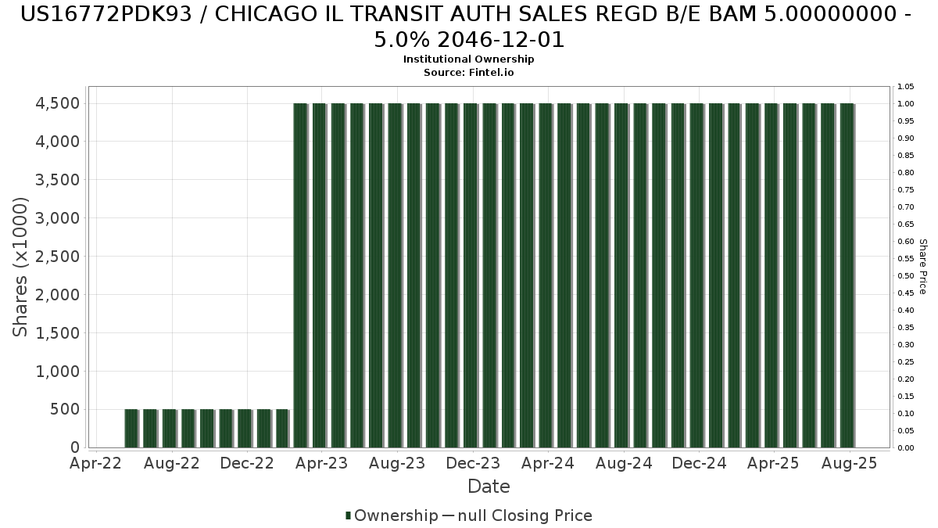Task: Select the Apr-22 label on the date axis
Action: pyautogui.click(x=96, y=463)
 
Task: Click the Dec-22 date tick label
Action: pyautogui.click(x=246, y=463)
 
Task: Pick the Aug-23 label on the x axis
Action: pyautogui.click(x=398, y=463)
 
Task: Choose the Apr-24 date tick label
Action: pyautogui.click(x=549, y=463)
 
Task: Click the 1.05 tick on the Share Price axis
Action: pyautogui.click(x=906, y=86)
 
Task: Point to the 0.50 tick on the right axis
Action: pyautogui.click(x=906, y=275)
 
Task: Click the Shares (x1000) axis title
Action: pyautogui.click(x=21, y=266)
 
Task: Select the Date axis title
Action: pyautogui.click(x=489, y=487)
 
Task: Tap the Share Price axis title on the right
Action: pyautogui.click(x=923, y=267)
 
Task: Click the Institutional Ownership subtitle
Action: pyautogui.click(x=468, y=59)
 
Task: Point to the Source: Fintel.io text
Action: pyautogui.click(x=468, y=72)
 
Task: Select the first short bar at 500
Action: pyautogui.click(x=131, y=428)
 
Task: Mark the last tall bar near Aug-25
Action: pyautogui.click(x=847, y=274)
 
